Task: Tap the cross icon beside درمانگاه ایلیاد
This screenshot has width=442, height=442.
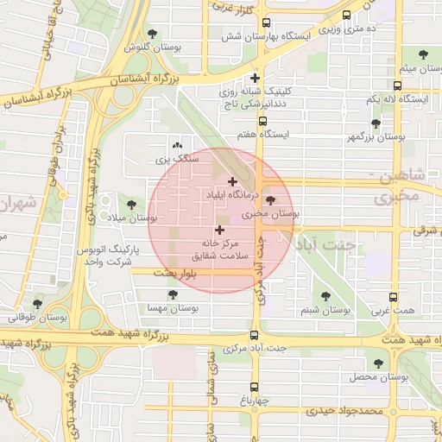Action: tap(232, 181)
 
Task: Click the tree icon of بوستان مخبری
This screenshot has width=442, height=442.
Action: tap(272, 200)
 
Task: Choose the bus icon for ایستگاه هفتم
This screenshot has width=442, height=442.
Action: tap(263, 122)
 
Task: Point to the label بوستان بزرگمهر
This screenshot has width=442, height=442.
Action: tap(376, 136)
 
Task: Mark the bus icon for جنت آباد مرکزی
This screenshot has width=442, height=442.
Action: tap(254, 335)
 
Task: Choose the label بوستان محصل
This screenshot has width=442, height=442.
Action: tap(378, 377)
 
